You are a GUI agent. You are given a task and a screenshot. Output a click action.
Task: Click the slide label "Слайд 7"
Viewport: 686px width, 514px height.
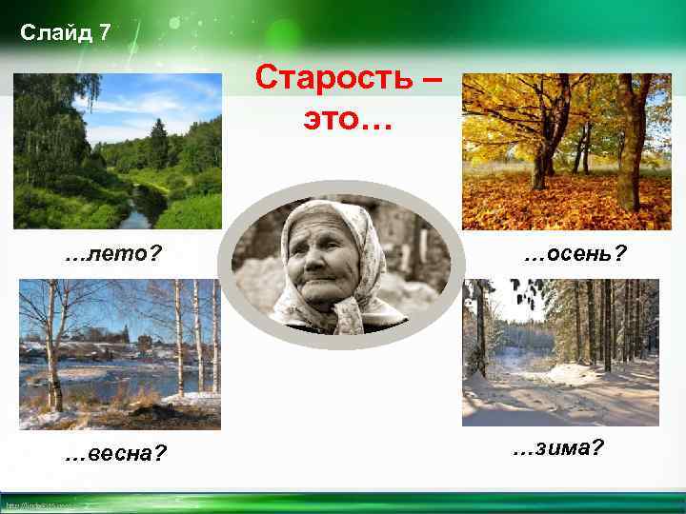click(66, 33)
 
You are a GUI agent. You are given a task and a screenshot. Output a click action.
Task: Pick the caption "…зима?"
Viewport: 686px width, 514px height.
click(557, 447)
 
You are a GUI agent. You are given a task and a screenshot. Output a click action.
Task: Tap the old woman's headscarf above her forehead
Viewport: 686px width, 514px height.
click(325, 211)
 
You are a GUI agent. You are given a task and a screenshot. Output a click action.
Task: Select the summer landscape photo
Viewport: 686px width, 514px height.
click(117, 151)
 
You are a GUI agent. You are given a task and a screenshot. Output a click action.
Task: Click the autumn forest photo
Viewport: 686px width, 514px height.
click(567, 151)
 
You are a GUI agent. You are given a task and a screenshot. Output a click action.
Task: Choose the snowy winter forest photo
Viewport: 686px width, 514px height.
click(560, 352)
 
